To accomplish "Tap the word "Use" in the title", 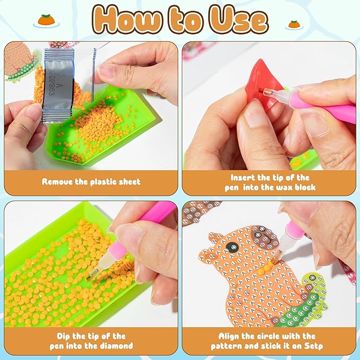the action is click(239, 20).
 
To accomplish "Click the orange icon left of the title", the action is click(46, 21).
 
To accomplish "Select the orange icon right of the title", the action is click(294, 25).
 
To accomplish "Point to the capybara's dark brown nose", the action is click(265, 238).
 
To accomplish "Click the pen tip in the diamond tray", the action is click(90, 277).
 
